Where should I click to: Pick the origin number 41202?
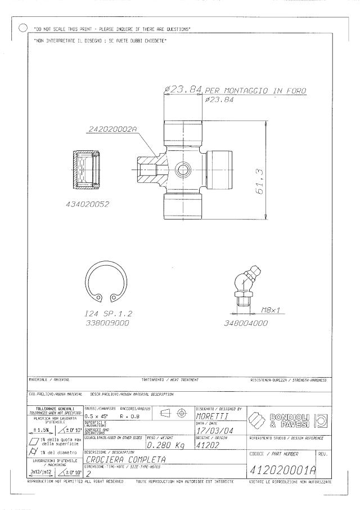tap(209, 445)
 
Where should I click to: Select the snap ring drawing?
tap(106, 284)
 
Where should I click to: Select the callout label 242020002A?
tap(112, 130)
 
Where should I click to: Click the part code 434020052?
tap(86, 205)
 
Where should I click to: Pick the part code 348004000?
tap(245, 324)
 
